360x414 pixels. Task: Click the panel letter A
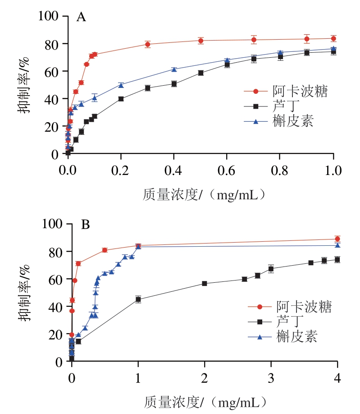[81, 18]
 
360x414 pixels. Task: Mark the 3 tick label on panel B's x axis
[271, 378]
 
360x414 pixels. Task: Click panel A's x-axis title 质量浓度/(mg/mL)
[202, 194]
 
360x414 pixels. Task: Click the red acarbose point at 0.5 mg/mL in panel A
[201, 41]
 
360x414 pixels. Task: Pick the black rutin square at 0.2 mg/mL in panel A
[121, 99]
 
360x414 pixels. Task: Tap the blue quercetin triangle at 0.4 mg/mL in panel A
[174, 69]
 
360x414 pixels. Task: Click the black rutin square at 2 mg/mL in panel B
[204, 283]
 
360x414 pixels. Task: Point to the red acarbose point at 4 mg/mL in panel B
[337, 239]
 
